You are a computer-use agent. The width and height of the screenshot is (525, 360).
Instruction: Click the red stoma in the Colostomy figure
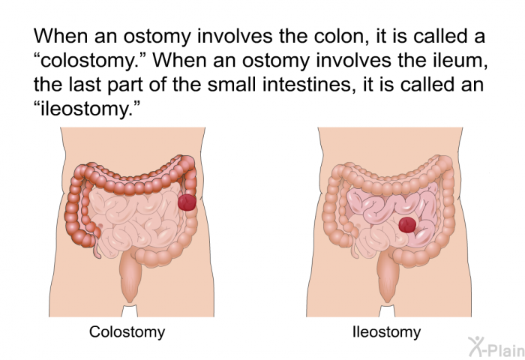(187, 202)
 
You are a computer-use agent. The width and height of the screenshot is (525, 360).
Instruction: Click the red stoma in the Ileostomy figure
(407, 225)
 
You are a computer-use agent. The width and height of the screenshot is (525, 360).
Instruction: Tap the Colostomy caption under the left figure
(127, 331)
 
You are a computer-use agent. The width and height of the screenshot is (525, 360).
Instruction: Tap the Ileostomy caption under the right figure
(387, 331)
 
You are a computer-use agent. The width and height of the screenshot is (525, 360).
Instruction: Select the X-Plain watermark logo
(496, 346)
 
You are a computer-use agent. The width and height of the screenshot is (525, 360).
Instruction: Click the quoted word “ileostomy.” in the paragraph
(86, 109)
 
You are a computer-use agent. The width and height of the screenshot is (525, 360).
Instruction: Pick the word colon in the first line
(339, 36)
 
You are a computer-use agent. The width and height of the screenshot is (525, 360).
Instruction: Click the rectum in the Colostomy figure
(130, 277)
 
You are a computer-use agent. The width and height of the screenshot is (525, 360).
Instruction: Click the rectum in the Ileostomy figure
(388, 277)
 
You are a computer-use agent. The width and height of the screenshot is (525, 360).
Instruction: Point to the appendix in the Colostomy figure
(97, 250)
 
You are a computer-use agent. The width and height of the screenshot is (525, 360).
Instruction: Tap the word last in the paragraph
(85, 85)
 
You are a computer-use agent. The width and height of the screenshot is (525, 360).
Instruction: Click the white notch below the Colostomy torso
(129, 310)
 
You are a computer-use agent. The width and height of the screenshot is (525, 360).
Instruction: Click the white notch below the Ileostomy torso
(387, 310)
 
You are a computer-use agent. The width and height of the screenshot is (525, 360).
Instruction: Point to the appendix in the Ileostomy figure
(355, 250)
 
